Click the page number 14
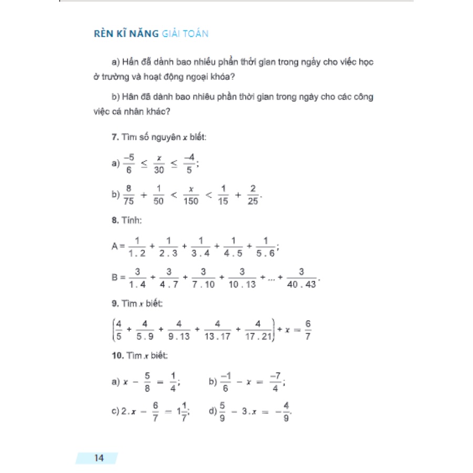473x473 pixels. pyautogui.click(x=99, y=458)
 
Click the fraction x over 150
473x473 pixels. pyautogui.click(x=191, y=194)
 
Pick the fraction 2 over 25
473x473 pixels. pyautogui.click(x=253, y=194)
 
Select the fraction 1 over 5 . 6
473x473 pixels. pyautogui.click(x=265, y=247)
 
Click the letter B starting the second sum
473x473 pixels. pyautogui.click(x=116, y=277)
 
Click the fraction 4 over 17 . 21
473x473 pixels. pyautogui.click(x=258, y=328)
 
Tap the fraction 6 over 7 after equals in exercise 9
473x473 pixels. pyautogui.click(x=307, y=328)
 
